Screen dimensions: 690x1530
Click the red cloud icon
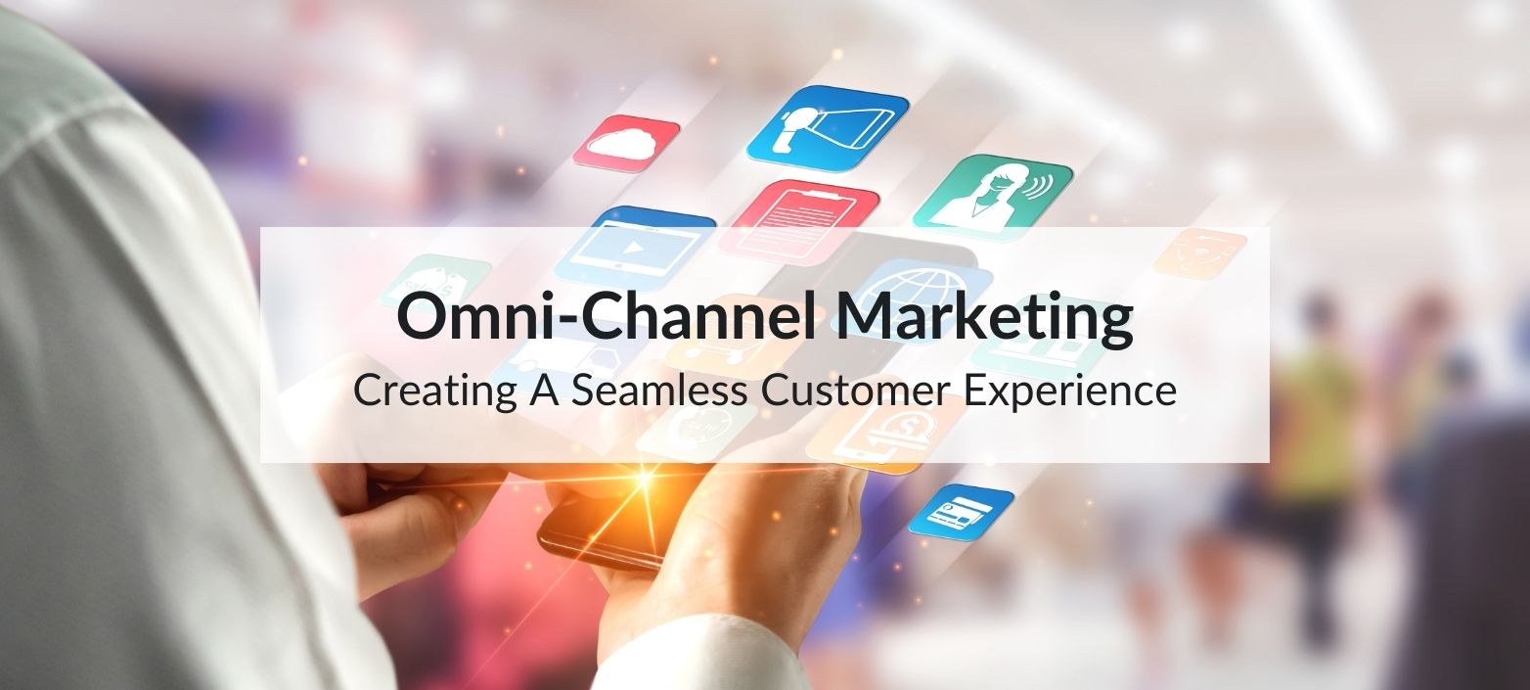coord(626,143)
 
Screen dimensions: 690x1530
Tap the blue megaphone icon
coord(828,128)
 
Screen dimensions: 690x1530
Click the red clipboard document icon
coord(798,219)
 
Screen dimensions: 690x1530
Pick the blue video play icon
coord(636,246)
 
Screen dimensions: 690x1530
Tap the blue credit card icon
coord(961,511)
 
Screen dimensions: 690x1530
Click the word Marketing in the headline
coord(982,317)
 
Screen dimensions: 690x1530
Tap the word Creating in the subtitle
coord(431,391)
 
